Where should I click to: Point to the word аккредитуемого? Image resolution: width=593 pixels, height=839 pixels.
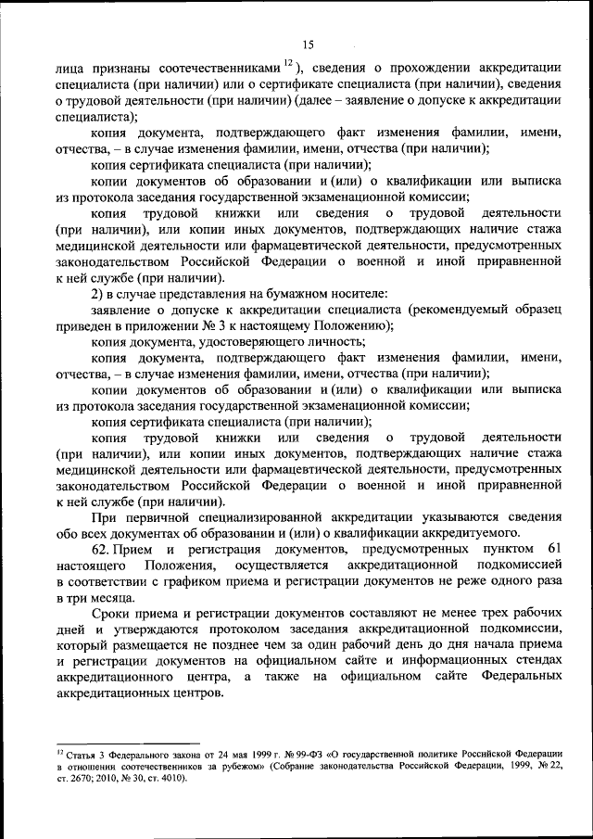point(481,532)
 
